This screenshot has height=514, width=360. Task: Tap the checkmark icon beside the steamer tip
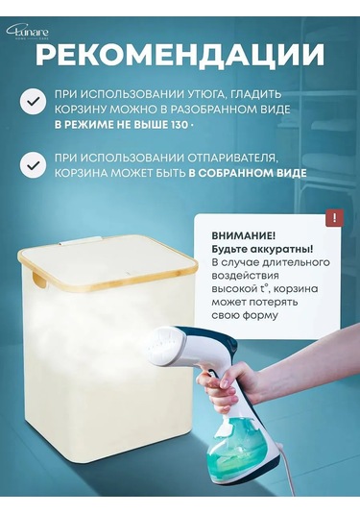click(x=33, y=165)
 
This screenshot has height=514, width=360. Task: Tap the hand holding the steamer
click(x=228, y=384)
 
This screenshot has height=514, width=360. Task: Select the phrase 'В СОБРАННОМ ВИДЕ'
click(x=248, y=173)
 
